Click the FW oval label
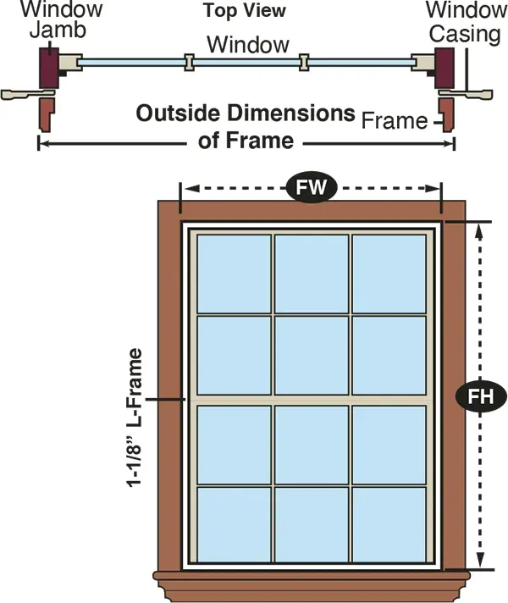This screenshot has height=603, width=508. click(312, 187)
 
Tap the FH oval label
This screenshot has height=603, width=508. click(481, 396)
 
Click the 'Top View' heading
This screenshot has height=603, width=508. click(245, 10)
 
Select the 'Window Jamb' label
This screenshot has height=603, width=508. click(62, 19)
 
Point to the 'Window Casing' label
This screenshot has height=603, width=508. click(466, 22)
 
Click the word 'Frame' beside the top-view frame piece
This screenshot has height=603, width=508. click(395, 121)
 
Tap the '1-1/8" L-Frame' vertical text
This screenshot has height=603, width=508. click(135, 418)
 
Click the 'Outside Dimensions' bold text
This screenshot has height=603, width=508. click(246, 113)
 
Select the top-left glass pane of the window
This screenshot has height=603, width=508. click(235, 274)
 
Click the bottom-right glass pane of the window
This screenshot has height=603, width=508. click(389, 524)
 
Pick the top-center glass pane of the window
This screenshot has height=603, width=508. click(312, 274)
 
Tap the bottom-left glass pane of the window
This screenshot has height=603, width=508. click(235, 524)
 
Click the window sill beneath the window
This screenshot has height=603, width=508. click(312, 586)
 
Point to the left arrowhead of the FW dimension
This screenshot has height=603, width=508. click(191, 188)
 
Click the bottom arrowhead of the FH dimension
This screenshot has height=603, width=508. click(480, 560)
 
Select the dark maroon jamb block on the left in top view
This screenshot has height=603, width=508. click(49, 68)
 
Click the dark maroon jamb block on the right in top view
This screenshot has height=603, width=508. click(444, 68)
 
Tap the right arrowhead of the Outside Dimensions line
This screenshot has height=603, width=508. click(450, 144)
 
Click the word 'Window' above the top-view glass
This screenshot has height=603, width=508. click(248, 45)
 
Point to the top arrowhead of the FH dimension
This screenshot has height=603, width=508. click(480, 232)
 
